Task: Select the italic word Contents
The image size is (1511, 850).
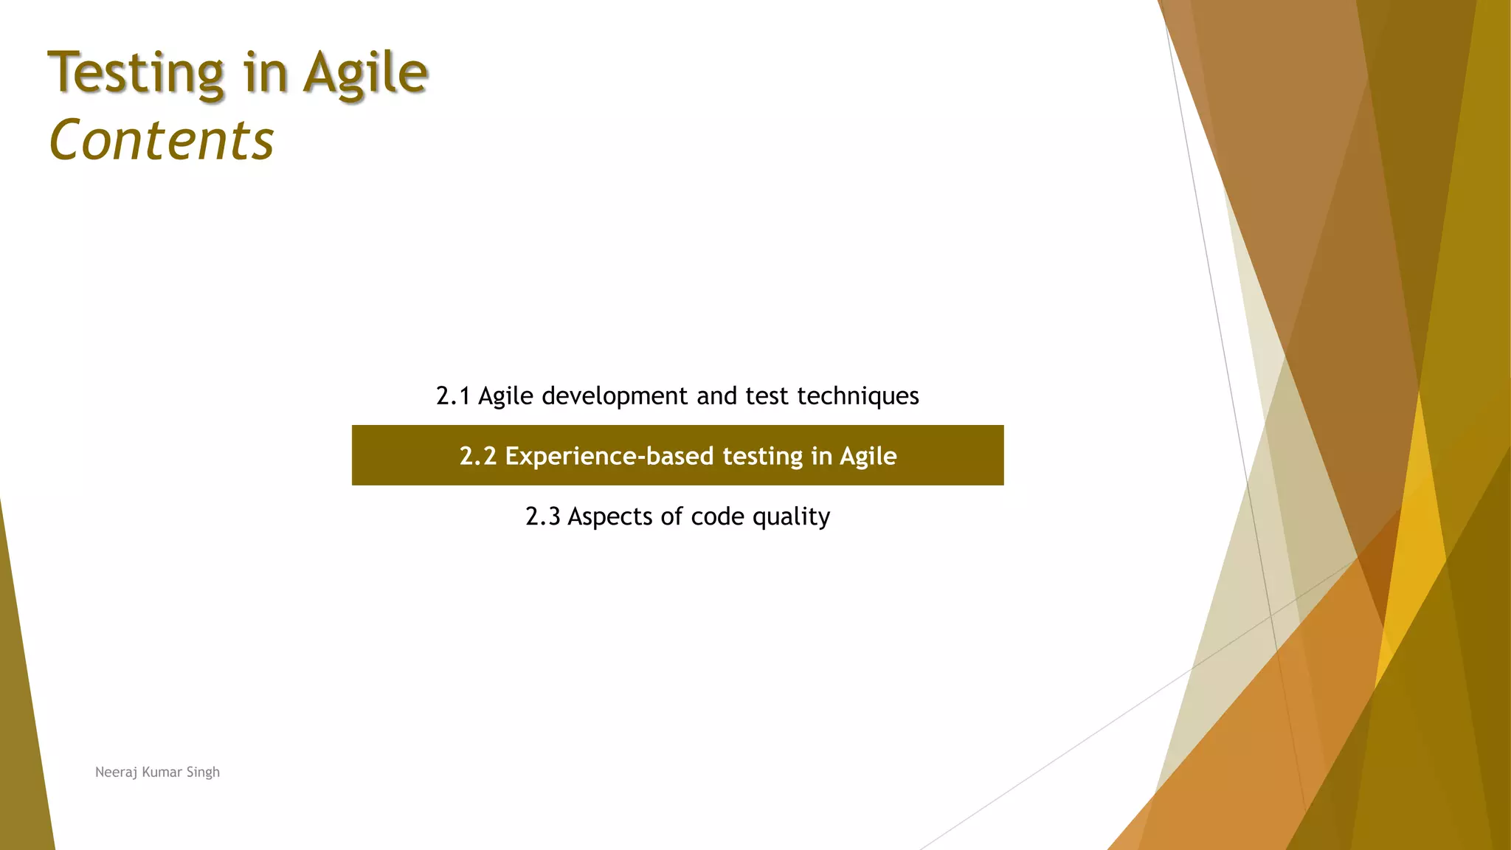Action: click(x=162, y=140)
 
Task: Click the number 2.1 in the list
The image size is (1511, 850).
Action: click(x=453, y=396)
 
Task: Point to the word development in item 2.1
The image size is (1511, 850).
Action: click(x=615, y=396)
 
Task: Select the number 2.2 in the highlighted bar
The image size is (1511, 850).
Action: click(x=477, y=456)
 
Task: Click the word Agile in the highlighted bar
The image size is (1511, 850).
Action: click(x=868, y=456)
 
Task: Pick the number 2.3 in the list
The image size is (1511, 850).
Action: click(x=542, y=516)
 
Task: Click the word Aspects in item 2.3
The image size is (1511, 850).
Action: click(x=610, y=516)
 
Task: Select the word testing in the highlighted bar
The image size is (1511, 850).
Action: click(x=762, y=456)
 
